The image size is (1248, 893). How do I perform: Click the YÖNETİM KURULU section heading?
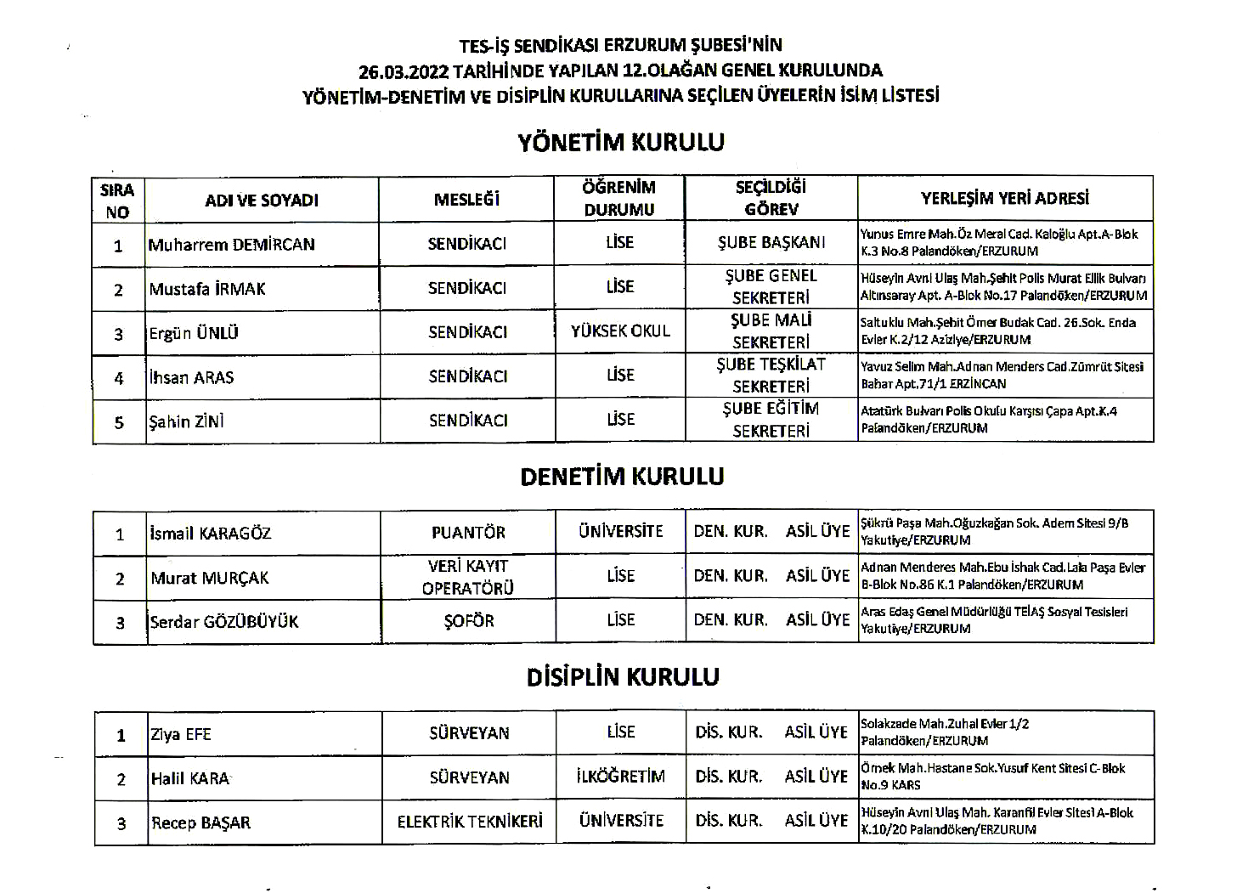[x=621, y=142]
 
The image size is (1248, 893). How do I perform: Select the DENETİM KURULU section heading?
[x=622, y=477]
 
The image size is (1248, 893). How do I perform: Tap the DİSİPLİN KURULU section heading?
[x=623, y=677]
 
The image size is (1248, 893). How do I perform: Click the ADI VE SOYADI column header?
[x=262, y=201]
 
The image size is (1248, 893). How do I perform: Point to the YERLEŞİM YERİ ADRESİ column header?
[x=1005, y=199]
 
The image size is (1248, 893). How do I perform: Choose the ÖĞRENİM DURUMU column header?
[x=619, y=198]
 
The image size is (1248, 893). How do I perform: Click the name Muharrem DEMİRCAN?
[x=231, y=245]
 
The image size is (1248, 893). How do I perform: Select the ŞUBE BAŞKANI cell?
[x=771, y=242]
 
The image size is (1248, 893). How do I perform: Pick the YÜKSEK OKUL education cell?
[x=620, y=331]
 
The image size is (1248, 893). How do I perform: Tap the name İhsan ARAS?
[x=191, y=377]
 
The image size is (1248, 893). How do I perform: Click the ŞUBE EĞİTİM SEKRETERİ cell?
[x=771, y=420]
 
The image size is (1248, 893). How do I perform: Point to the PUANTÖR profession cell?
[x=468, y=533]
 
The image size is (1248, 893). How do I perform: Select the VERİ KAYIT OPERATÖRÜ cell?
[x=468, y=577]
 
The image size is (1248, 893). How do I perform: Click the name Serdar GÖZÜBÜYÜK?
[x=224, y=622]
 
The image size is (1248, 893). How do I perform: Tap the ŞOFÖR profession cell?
[x=468, y=621]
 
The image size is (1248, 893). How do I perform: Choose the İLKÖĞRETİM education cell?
[x=620, y=777]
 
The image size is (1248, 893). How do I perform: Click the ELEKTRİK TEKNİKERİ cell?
[x=469, y=822]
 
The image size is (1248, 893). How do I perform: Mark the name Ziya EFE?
[x=181, y=735]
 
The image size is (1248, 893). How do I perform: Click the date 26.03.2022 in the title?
[x=404, y=71]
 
